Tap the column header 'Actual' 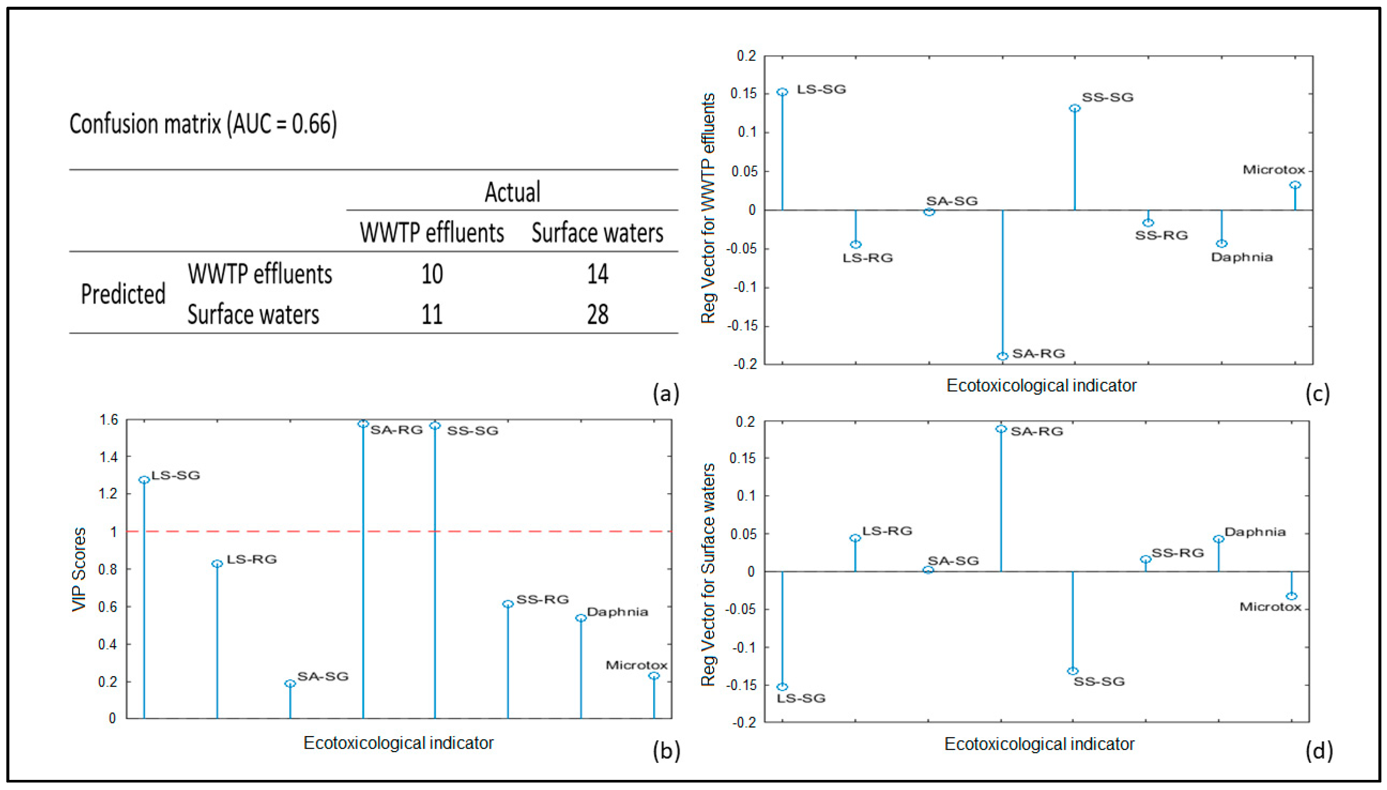(512, 192)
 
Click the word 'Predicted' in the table (123, 294)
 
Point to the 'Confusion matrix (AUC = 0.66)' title (203, 124)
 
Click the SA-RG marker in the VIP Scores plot (363, 424)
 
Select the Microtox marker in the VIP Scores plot (654, 676)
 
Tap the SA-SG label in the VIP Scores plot (323, 676)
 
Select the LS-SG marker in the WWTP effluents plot (782, 92)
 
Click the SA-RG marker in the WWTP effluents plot (1003, 356)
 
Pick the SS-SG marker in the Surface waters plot (1073, 671)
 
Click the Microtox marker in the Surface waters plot (1292, 596)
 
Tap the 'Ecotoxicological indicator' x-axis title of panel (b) (399, 743)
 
